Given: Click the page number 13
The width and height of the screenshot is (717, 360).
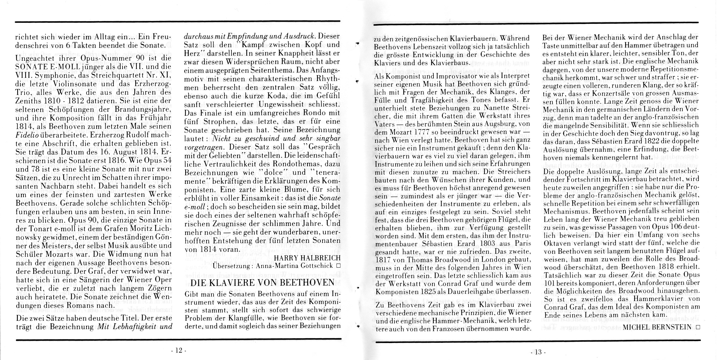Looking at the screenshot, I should pos(538,352).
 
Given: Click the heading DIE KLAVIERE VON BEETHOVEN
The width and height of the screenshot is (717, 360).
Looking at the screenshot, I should pos(262,283).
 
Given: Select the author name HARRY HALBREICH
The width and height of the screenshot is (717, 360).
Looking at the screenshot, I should pos(307,258).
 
